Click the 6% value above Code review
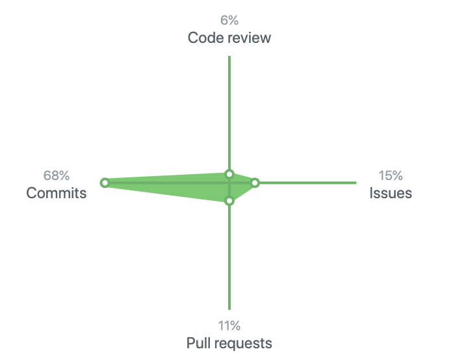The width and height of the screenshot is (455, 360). click(x=229, y=20)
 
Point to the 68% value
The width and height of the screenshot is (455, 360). click(x=57, y=175)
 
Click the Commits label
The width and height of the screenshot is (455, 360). click(x=57, y=193)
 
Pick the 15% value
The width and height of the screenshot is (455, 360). click(x=391, y=175)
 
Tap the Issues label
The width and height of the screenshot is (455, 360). click(x=391, y=193)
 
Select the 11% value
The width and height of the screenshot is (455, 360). click(x=229, y=326)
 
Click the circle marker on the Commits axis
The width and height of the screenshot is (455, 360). click(x=105, y=183)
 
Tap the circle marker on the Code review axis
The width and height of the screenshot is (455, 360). click(x=229, y=174)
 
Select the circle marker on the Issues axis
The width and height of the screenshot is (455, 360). click(x=255, y=183)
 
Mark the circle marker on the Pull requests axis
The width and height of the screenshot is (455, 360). click(x=229, y=200)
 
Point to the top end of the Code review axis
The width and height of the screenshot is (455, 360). click(x=229, y=57)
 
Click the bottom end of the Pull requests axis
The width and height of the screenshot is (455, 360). click(x=229, y=309)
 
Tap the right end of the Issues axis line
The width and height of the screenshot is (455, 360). click(x=356, y=183)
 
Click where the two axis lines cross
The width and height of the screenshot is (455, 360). click(x=229, y=183)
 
